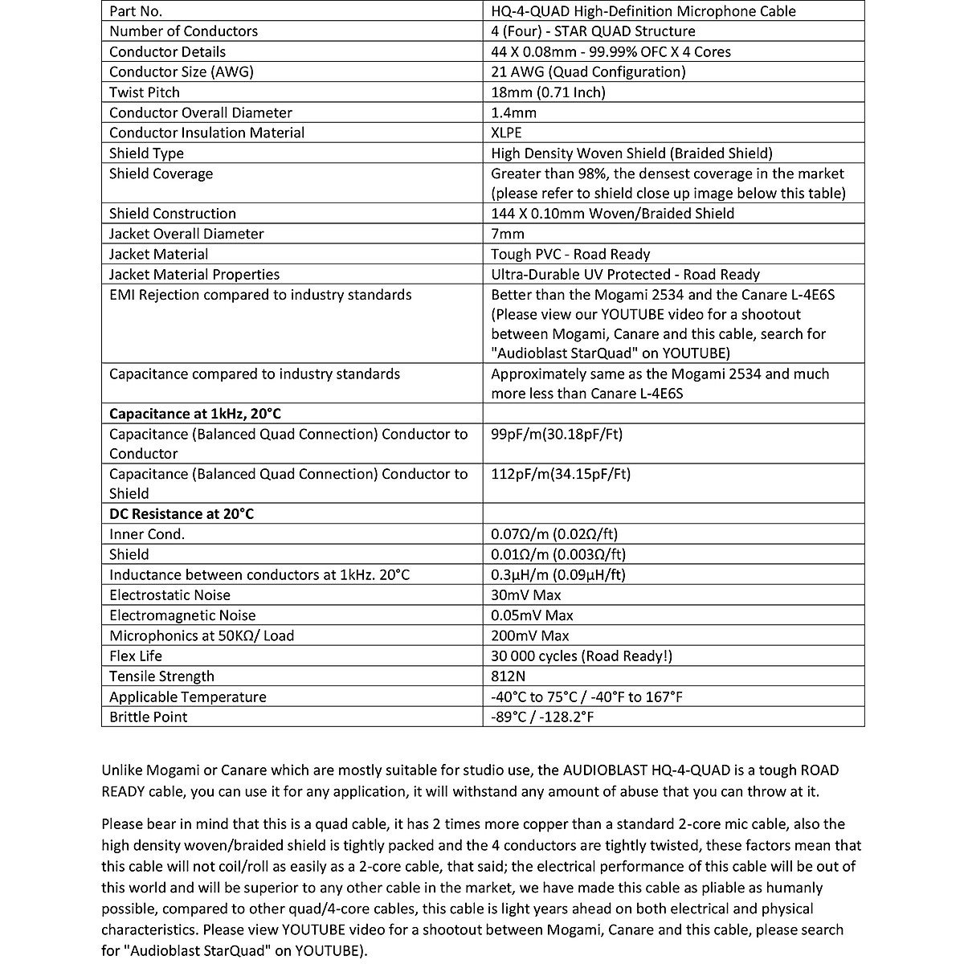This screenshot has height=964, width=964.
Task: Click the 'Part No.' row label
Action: (136, 11)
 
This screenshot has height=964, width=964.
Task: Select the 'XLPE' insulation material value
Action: (506, 133)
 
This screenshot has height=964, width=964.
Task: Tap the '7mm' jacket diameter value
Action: (508, 234)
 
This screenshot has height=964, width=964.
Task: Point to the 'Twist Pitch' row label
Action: (145, 92)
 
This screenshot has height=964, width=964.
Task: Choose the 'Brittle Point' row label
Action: (148, 717)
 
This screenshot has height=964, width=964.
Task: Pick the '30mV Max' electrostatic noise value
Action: (526, 595)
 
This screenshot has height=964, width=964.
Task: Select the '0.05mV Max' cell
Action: (532, 615)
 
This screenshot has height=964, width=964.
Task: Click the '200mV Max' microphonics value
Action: (530, 635)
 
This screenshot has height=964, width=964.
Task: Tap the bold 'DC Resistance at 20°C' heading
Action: (182, 514)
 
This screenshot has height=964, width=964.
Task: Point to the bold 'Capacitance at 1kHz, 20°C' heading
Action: (195, 414)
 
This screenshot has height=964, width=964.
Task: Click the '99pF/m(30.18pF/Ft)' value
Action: (557, 435)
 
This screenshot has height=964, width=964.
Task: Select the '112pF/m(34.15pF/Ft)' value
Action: (561, 474)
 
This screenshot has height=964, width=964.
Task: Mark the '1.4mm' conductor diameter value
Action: (513, 112)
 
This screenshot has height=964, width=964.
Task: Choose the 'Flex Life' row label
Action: (136, 656)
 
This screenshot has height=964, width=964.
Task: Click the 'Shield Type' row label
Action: (146, 153)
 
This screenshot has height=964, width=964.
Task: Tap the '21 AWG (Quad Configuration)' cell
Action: (588, 71)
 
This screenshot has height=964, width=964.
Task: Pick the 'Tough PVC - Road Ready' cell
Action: (570, 254)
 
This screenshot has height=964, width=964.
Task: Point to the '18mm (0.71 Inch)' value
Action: (548, 92)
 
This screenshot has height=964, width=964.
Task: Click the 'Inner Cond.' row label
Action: (147, 534)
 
